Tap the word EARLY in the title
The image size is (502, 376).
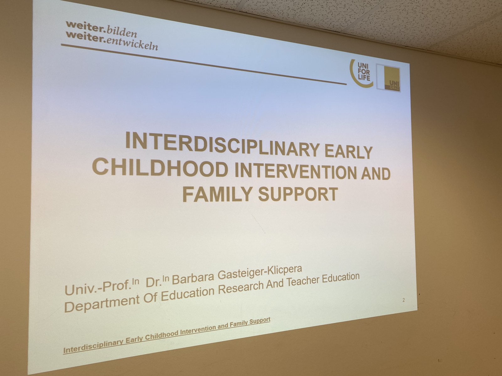tap(349, 152)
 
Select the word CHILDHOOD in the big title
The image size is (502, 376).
tap(160, 168)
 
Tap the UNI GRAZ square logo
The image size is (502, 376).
tap(388, 78)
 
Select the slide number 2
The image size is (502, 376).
tap(404, 300)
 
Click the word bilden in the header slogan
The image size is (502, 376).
tap(122, 32)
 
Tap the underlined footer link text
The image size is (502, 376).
tap(167, 335)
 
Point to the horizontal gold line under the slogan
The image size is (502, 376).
tap(204, 64)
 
